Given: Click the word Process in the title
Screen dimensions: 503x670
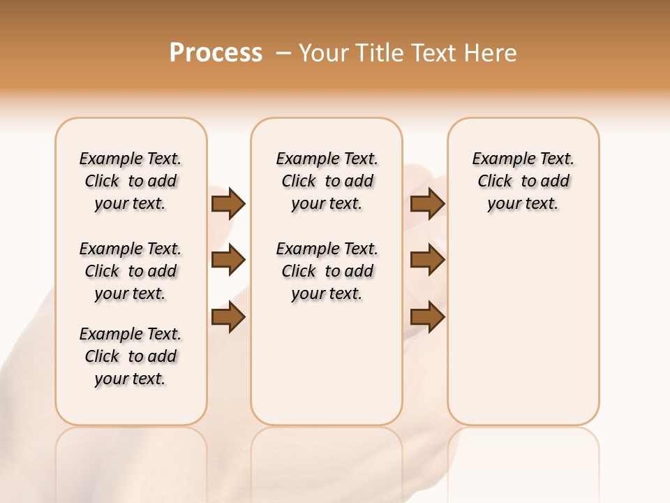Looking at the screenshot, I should tap(216, 53).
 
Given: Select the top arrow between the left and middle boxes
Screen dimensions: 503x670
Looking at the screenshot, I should tap(228, 203).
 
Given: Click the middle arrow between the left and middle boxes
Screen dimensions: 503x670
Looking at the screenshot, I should tap(228, 261).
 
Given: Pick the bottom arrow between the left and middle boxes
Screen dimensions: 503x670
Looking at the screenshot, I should tap(228, 318).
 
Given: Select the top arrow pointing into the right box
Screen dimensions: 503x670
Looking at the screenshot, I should tap(427, 203).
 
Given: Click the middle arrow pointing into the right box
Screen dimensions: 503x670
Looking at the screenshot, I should tap(427, 261).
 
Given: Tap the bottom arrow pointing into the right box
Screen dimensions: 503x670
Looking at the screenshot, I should tap(427, 318).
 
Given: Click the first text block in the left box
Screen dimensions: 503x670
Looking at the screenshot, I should tap(131, 181).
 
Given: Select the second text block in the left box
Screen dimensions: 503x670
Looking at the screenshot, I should tap(131, 271).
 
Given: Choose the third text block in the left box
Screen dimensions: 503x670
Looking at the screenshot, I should tap(131, 356).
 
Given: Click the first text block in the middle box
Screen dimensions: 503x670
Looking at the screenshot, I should tap(327, 181).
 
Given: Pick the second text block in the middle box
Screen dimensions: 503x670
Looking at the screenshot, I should tap(327, 271).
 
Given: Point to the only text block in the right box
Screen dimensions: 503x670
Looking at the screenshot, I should tap(523, 181).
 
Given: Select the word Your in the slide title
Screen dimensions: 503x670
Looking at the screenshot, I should tap(325, 53).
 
